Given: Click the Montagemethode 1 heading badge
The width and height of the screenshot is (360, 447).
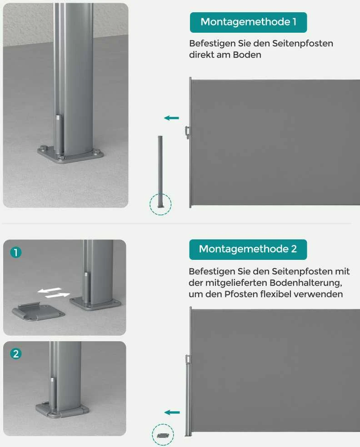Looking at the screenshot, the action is pyautogui.click(x=249, y=22).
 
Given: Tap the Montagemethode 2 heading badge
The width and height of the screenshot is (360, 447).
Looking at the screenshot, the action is pyautogui.click(x=248, y=249).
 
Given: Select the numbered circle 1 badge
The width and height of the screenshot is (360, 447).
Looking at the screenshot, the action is pyautogui.click(x=16, y=252).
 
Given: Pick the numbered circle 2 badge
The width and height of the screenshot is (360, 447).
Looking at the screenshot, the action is pyautogui.click(x=16, y=354).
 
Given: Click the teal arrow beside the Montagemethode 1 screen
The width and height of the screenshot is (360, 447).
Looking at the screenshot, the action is pyautogui.click(x=171, y=118).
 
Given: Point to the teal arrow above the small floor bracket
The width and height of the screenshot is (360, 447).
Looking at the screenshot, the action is pyautogui.click(x=172, y=412).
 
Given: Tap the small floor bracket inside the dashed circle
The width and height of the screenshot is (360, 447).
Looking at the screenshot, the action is pyautogui.click(x=163, y=435).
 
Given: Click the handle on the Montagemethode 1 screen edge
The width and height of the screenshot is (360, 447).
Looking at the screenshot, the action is pyautogui.click(x=187, y=132).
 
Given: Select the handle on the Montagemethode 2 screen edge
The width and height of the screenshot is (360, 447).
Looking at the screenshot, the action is pyautogui.click(x=187, y=359).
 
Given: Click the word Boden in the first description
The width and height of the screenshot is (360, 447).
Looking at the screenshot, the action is pyautogui.click(x=247, y=55).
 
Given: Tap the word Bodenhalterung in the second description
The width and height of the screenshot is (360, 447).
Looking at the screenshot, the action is pyautogui.click(x=305, y=283).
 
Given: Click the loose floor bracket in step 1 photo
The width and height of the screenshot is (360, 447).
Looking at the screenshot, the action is pyautogui.click(x=39, y=312).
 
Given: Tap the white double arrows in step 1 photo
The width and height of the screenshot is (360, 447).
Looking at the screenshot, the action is pyautogui.click(x=54, y=293).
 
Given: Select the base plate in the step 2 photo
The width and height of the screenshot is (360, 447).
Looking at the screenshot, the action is pyautogui.click(x=62, y=410).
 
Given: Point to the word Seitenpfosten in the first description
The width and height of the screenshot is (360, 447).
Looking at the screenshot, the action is pyautogui.click(x=303, y=43).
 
